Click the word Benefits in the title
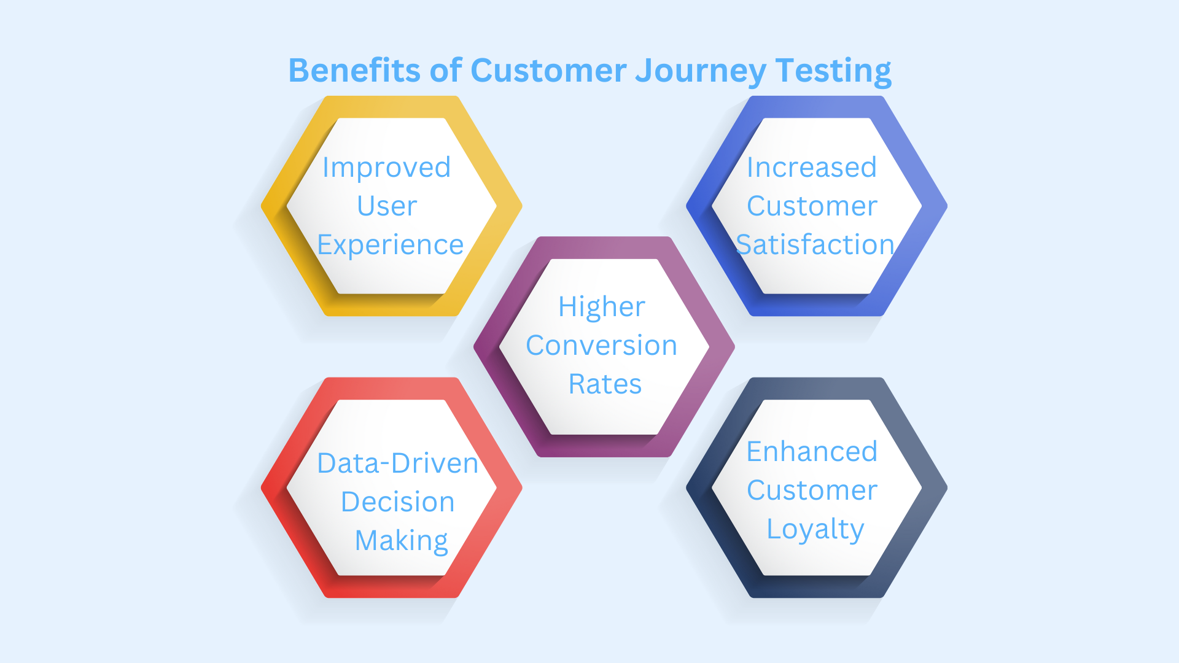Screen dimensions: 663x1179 click(x=354, y=70)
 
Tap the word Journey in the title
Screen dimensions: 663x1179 click(x=701, y=71)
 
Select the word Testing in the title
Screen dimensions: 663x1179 click(x=833, y=71)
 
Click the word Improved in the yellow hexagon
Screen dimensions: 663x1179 click(x=387, y=168)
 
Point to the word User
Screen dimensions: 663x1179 click(x=387, y=206)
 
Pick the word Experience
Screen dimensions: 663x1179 click(x=390, y=245)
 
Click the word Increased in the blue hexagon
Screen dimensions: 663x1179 click(x=811, y=168)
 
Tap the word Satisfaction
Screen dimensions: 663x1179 click(x=815, y=245)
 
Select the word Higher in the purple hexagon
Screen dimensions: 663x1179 click(x=602, y=307)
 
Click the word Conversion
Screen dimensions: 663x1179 click(x=602, y=346)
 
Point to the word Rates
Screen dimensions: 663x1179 click(x=605, y=384)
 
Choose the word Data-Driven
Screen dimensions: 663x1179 click(x=397, y=463)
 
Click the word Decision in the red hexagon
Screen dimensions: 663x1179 click(x=397, y=502)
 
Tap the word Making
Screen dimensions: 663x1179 click(x=402, y=541)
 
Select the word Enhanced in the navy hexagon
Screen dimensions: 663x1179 click(x=812, y=452)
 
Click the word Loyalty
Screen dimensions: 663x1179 click(x=815, y=529)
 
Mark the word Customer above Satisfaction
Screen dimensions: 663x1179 click(x=812, y=206)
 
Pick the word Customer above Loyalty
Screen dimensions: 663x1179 click(x=812, y=490)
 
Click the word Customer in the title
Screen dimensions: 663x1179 click(x=548, y=70)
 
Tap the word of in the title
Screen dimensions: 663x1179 click(x=445, y=70)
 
